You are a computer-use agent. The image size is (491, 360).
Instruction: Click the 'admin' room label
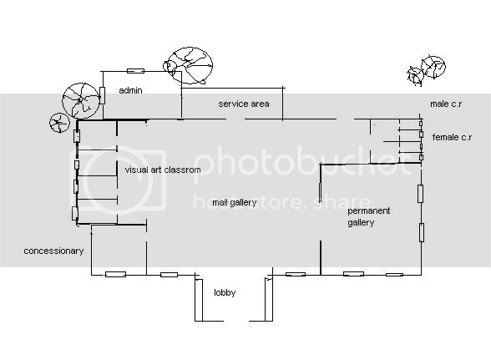pos(130,90)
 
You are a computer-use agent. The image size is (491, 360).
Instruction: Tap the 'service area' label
pos(244,104)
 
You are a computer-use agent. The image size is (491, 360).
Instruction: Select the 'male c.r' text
pos(446,104)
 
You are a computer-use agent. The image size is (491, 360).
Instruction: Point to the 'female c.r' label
pos(452,137)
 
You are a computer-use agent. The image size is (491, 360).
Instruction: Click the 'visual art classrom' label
pos(163,170)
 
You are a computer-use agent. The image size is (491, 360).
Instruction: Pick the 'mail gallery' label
pos(235,203)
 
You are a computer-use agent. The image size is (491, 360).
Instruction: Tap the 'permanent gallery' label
pos(368,216)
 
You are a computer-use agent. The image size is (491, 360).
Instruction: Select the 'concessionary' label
pos(53,251)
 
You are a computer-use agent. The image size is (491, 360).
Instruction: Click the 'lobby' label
pos(225,292)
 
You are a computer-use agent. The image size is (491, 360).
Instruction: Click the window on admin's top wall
pos(135,71)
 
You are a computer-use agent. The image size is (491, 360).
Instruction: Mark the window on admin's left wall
pos(102,95)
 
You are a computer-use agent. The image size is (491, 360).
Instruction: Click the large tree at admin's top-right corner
pos(188,65)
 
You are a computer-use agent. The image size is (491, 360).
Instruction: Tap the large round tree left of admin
pos(81,100)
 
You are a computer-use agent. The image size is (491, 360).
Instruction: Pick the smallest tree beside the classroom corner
pos(59,123)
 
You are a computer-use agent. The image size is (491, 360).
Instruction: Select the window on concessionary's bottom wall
pos(115,275)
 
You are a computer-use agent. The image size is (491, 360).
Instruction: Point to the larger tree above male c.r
pos(433,67)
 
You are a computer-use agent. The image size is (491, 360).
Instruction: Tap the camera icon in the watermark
pos(118,180)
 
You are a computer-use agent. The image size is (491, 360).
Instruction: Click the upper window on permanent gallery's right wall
pos(421,194)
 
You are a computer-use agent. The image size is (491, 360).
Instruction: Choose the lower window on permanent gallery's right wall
pos(422,232)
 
